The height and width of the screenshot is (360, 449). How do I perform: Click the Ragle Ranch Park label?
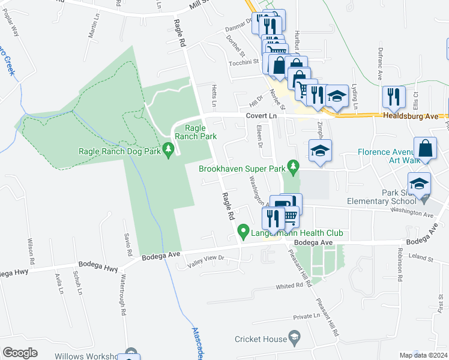click(x=200, y=132)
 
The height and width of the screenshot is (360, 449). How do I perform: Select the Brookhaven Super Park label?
click(x=242, y=169)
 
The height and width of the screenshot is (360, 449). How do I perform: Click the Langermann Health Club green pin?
click(x=243, y=230)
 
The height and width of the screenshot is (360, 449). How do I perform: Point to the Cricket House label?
click(x=261, y=339)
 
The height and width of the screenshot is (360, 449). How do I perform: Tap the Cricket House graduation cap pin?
click(x=295, y=340)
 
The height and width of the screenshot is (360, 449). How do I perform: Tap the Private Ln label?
click(x=307, y=316)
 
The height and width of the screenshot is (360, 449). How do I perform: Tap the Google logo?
click(x=20, y=353)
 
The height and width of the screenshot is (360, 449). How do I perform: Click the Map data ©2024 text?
click(x=423, y=355)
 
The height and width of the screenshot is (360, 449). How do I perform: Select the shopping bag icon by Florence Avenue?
click(x=424, y=149)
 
